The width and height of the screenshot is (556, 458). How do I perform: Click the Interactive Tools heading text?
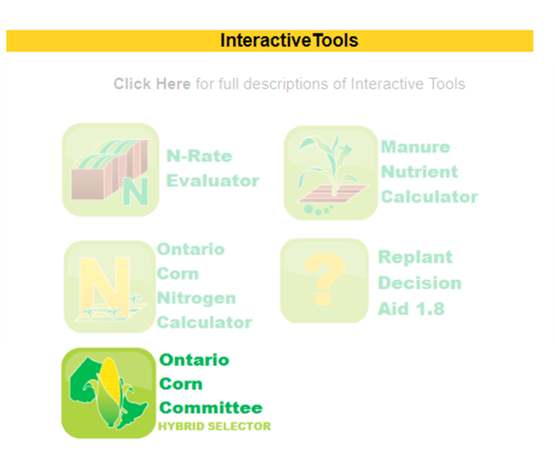(289, 40)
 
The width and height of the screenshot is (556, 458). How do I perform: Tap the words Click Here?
(152, 84)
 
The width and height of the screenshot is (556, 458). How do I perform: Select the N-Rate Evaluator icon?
(111, 170)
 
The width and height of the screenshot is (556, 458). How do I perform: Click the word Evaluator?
(213, 180)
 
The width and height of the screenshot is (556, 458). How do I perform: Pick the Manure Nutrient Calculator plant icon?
(331, 173)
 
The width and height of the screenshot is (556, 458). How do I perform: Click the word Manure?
(415, 147)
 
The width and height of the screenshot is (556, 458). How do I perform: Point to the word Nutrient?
(420, 172)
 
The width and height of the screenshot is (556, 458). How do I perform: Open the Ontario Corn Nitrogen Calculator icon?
(110, 287)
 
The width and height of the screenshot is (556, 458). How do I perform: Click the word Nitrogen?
(197, 298)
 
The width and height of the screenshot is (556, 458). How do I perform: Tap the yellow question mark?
(324, 279)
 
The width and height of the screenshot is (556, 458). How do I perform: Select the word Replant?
(415, 257)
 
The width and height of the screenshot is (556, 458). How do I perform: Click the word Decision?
(420, 283)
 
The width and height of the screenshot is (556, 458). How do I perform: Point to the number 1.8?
(430, 309)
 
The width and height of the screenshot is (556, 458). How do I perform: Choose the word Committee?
(211, 408)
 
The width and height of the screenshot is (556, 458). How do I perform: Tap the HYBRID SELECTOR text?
(214, 426)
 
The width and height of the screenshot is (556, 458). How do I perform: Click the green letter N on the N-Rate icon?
(135, 191)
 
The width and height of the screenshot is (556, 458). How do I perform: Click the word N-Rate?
(199, 156)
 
